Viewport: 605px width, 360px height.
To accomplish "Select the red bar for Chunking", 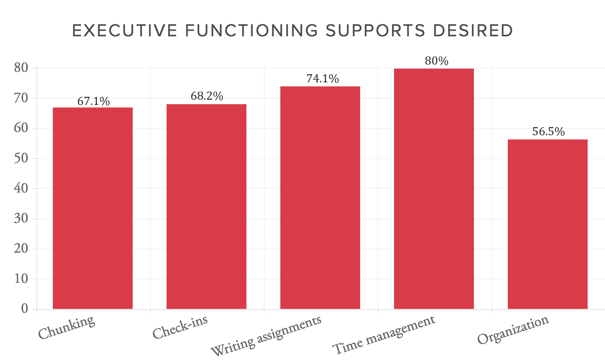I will pyautogui.click(x=93, y=208).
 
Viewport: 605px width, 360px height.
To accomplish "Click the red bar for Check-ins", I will pyautogui.click(x=207, y=206).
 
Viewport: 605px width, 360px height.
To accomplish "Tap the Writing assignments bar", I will pyautogui.click(x=320, y=197).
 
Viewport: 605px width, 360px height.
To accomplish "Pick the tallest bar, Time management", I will pyautogui.click(x=434, y=188).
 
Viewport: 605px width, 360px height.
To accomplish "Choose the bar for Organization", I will pyautogui.click(x=548, y=224).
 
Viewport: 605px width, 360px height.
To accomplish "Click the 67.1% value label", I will pyautogui.click(x=94, y=101).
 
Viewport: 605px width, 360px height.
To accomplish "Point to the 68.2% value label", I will pyautogui.click(x=207, y=96).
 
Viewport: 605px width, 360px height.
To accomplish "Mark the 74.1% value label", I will pyautogui.click(x=323, y=79).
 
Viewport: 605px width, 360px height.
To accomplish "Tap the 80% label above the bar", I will pyautogui.click(x=436, y=61).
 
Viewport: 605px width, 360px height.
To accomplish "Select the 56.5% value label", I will pyautogui.click(x=549, y=132).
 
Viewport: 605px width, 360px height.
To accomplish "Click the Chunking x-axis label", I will pyautogui.click(x=67, y=328).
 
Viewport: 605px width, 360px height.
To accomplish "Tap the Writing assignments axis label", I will pyautogui.click(x=267, y=335).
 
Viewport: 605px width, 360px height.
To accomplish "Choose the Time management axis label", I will pyautogui.click(x=384, y=335).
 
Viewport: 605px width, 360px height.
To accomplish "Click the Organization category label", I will pyautogui.click(x=513, y=330).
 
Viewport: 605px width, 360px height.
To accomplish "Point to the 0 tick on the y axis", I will pyautogui.click(x=25, y=309).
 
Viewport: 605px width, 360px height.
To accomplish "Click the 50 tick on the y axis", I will pyautogui.click(x=21, y=158).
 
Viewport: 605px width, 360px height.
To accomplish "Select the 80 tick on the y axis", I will pyautogui.click(x=21, y=68).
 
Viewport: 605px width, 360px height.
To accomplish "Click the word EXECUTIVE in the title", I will pyautogui.click(x=125, y=31).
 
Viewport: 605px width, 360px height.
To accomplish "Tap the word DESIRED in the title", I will pyautogui.click(x=473, y=31).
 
